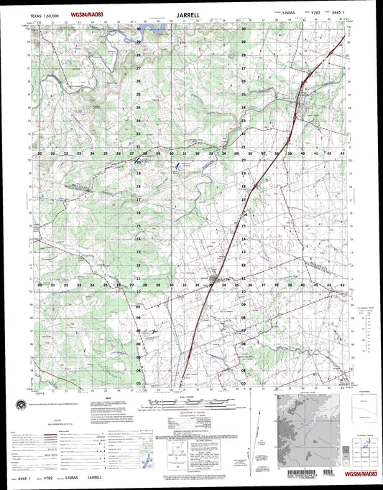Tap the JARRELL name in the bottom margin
pyautogui.click(x=96, y=476)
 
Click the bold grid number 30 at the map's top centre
pyautogui.click(x=244, y=29)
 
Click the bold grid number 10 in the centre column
pyautogui.click(x=138, y=292)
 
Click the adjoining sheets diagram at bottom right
pyautogui.click(x=365, y=448)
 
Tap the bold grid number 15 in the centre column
pyautogui.click(x=138, y=227)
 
